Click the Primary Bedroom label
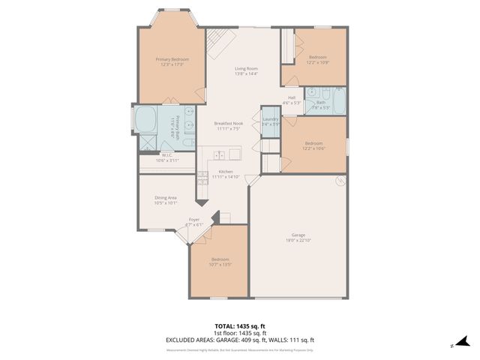click(x=172, y=59)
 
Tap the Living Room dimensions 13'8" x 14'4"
click(x=246, y=73)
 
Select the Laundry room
click(x=271, y=121)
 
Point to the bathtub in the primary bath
click(x=145, y=120)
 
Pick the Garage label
click(x=298, y=235)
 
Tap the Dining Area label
click(x=166, y=197)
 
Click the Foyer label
click(x=195, y=220)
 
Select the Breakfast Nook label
click(x=228, y=123)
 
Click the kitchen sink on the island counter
click(x=220, y=155)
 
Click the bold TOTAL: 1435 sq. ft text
click(x=240, y=326)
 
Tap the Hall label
click(x=292, y=97)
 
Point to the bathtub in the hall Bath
click(x=339, y=102)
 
